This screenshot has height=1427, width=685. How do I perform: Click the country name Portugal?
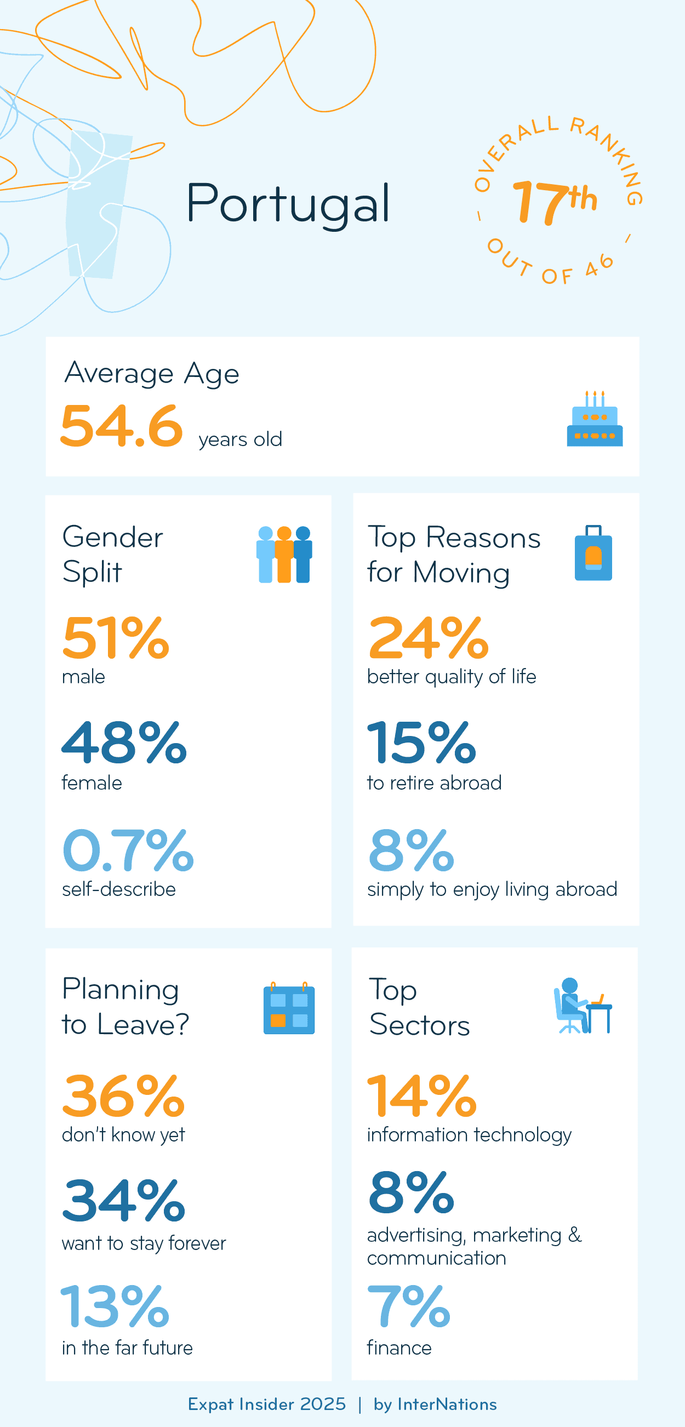(x=288, y=204)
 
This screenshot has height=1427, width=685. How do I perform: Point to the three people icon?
(x=284, y=554)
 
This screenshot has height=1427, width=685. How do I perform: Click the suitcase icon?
(x=593, y=553)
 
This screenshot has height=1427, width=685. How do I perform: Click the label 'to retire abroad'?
(x=434, y=783)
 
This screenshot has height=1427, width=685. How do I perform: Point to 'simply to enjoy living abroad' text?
(x=492, y=889)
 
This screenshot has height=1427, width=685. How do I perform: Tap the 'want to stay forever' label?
(x=144, y=1243)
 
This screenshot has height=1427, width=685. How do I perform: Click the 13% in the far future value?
(x=115, y=1306)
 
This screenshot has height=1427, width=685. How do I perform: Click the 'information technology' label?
(x=469, y=1134)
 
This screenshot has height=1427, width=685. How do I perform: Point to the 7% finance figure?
(x=409, y=1306)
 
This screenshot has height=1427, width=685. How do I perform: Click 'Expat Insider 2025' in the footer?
(x=267, y=1405)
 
